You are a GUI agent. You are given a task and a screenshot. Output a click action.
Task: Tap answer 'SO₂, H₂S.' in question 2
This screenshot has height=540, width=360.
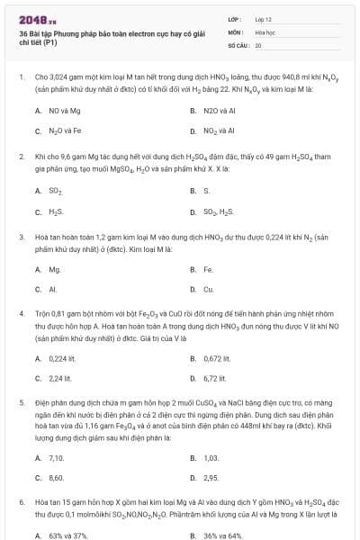218,211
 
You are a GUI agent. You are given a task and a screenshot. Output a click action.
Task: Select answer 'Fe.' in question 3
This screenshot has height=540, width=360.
208,270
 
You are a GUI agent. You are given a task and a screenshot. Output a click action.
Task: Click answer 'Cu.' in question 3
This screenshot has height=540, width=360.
209,290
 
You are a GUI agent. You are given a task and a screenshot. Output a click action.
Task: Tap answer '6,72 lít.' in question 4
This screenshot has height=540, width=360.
214,378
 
